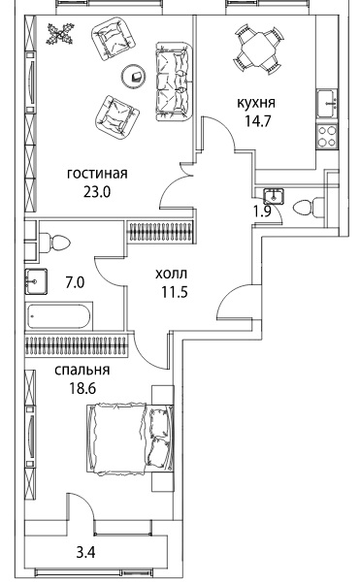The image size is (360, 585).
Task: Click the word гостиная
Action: pyautogui.click(x=97, y=174)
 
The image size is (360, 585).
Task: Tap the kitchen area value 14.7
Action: pyautogui.click(x=257, y=121)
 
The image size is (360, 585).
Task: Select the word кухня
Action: pyautogui.click(x=256, y=103)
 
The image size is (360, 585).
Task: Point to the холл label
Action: pyautogui.click(x=171, y=275)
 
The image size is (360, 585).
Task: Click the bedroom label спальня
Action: pyautogui.click(x=82, y=370)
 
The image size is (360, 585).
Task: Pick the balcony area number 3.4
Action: pyautogui.click(x=85, y=552)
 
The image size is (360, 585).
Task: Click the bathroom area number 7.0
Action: pyautogui.click(x=75, y=283)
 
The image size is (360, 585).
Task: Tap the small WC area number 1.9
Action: pyautogui.click(x=262, y=211)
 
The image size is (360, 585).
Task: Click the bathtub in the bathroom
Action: pyautogui.click(x=59, y=316)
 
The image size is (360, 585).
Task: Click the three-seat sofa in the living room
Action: pyautogui.click(x=173, y=81)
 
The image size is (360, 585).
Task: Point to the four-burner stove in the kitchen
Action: pyautogui.click(x=327, y=137)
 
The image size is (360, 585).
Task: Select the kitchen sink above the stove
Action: pyautogui.click(x=327, y=104)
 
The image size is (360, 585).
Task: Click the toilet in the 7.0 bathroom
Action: pyautogui.click(x=54, y=242)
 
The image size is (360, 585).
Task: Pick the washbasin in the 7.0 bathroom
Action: pyautogui.click(x=36, y=281)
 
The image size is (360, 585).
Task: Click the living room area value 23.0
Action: pyautogui.click(x=97, y=192)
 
